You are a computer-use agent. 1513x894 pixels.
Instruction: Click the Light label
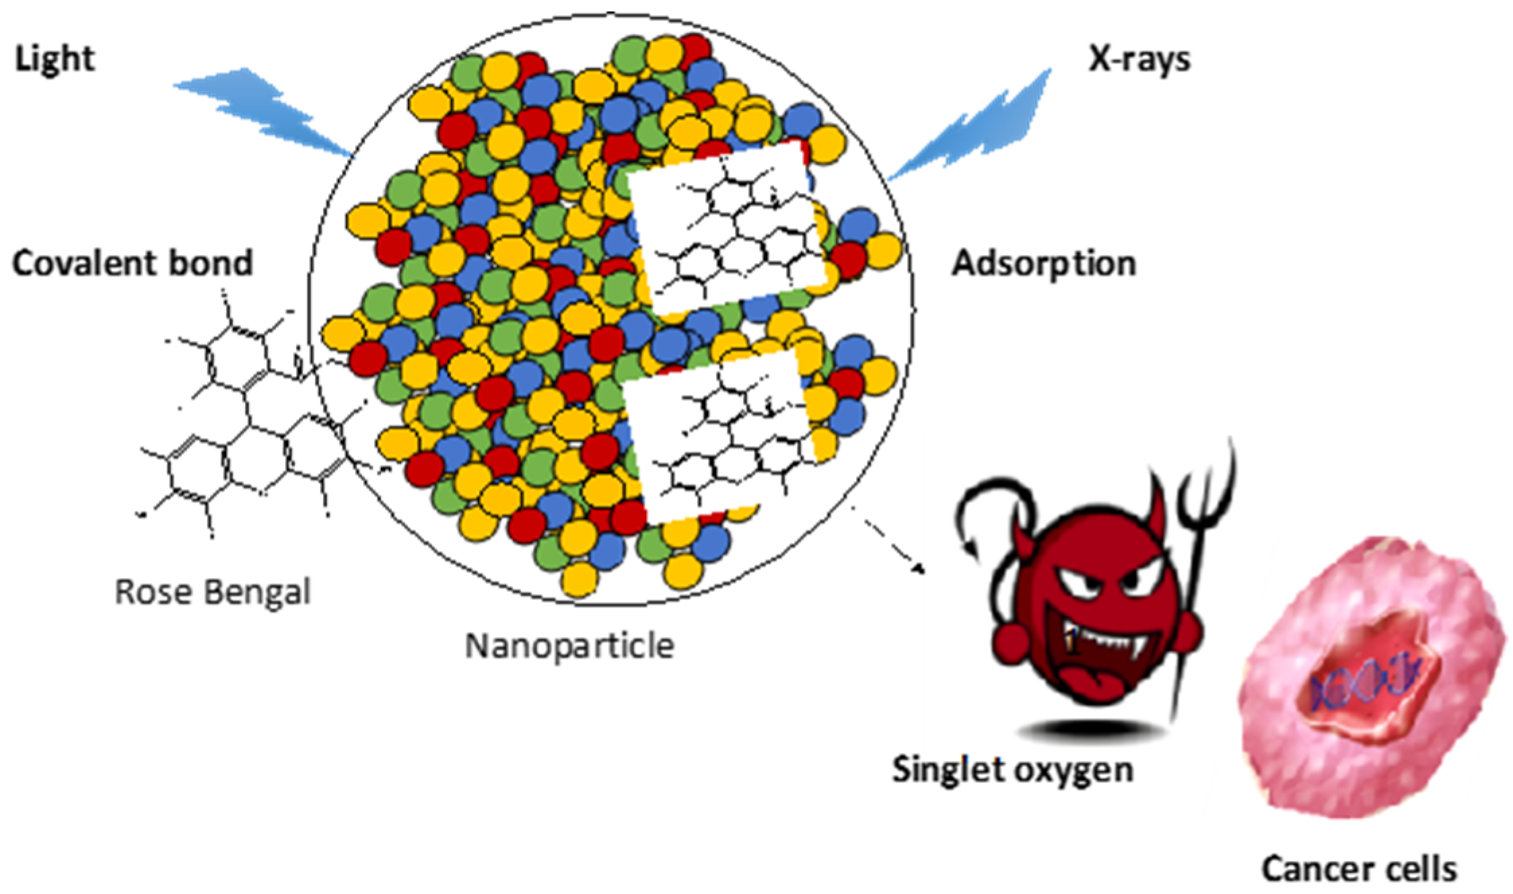coord(55,59)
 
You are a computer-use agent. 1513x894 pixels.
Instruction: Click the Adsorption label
coord(1043,264)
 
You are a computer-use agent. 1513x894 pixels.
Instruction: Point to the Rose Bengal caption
coord(213,593)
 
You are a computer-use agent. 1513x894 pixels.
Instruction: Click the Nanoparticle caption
coord(569,646)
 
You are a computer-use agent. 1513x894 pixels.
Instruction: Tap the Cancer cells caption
coord(1359,868)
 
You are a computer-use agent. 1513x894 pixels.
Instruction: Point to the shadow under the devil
coord(1084,730)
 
